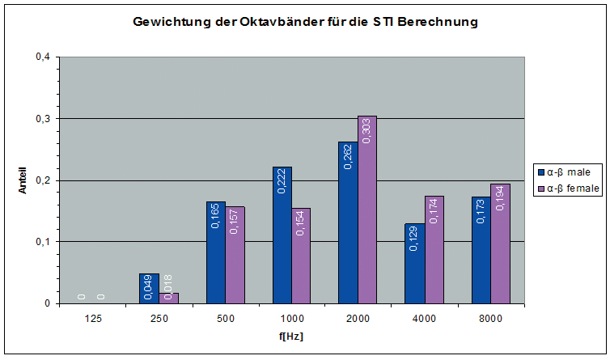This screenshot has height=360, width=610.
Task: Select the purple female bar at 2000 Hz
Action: pos(367,210)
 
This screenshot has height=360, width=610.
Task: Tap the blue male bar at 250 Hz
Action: pos(150,289)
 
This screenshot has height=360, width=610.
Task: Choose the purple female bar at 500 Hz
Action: pos(235,255)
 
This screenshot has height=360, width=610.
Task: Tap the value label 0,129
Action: pos(414,239)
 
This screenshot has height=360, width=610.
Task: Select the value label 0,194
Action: pos(500,198)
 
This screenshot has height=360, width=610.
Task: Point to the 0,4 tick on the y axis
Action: pos(42,57)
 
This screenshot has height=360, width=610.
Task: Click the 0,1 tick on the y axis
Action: pos(42,242)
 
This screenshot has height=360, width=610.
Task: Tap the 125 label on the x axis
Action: pos(93,320)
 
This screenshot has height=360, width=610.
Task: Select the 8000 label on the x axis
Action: pos(490,320)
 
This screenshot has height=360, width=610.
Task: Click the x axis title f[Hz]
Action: pos(291,336)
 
